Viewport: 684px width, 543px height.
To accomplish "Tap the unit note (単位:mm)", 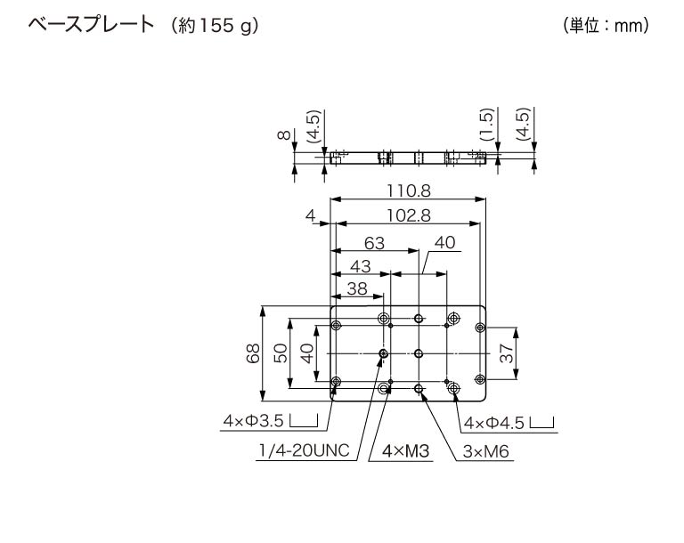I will tap(606, 26).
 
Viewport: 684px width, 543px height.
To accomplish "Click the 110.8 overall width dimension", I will tap(409, 190).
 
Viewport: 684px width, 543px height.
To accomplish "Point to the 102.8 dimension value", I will tap(409, 215).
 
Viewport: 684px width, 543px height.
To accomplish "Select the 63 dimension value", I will tap(374, 242).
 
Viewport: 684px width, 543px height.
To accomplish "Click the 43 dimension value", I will tap(360, 265).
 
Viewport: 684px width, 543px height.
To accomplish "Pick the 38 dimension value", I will tap(356, 288).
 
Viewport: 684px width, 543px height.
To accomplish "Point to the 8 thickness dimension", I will tap(284, 135).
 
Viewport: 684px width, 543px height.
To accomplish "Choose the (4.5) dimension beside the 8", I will tap(313, 127).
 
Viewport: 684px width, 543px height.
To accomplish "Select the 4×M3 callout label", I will tap(405, 452).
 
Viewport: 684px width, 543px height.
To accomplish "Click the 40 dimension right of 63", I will tap(444, 242).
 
